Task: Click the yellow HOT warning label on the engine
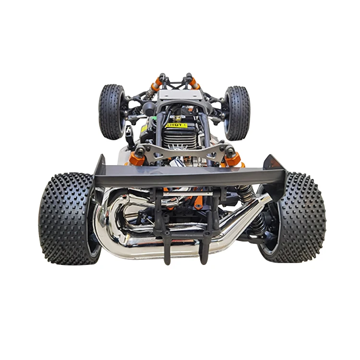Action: pyautogui.click(x=177, y=125)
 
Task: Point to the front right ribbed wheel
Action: pyautogui.click(x=237, y=112)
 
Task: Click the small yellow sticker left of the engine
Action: pyautogui.click(x=144, y=129)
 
